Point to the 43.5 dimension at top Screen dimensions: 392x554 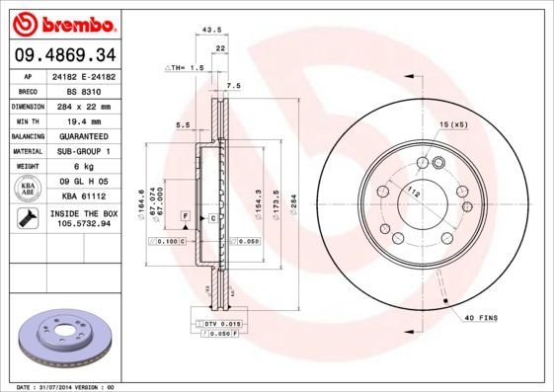coord(210,30)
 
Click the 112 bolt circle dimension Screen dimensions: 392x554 coord(415,194)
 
